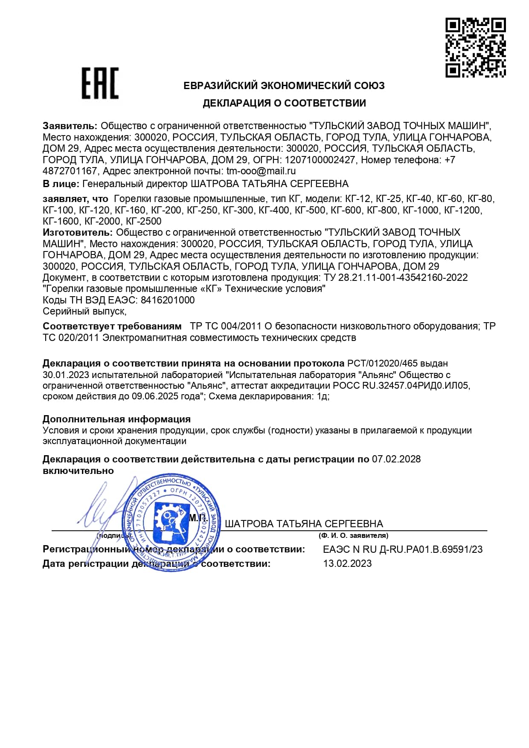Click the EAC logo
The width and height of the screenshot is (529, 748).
tap(100, 83)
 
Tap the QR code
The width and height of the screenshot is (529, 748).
tap(476, 47)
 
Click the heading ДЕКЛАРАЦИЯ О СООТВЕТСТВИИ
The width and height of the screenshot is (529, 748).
tap(284, 103)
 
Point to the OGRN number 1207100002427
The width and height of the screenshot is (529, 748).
tap(320, 160)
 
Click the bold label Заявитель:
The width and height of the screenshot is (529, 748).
tap(70, 126)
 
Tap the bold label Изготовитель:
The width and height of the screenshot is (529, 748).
tap(78, 233)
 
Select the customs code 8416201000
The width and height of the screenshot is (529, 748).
tap(168, 300)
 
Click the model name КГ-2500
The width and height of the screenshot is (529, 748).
tap(144, 221)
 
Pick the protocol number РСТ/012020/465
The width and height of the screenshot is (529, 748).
tap(382, 364)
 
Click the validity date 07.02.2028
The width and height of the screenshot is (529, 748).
tap(396, 459)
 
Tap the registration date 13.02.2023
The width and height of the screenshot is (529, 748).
tap(347, 563)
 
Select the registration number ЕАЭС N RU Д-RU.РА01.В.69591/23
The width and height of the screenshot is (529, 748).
tap(403, 549)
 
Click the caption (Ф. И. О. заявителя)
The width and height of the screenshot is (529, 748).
tap(353, 536)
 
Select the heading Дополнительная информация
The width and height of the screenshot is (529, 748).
tap(116, 419)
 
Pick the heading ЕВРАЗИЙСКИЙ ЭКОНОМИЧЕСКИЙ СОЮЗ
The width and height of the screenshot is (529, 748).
tap(284, 86)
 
